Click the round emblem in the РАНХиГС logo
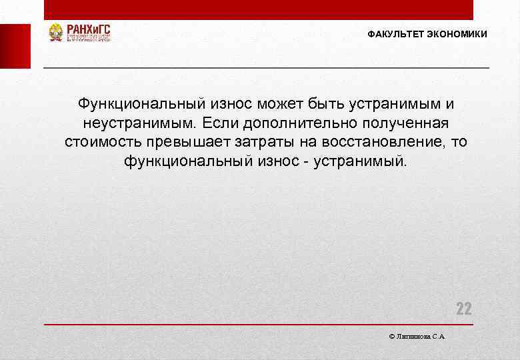[x=56, y=33]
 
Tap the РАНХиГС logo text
[x=87, y=29]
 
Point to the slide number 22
[x=463, y=309]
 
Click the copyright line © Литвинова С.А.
[x=417, y=337]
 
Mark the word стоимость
[x=101, y=142]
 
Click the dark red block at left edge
[x=15, y=46]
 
